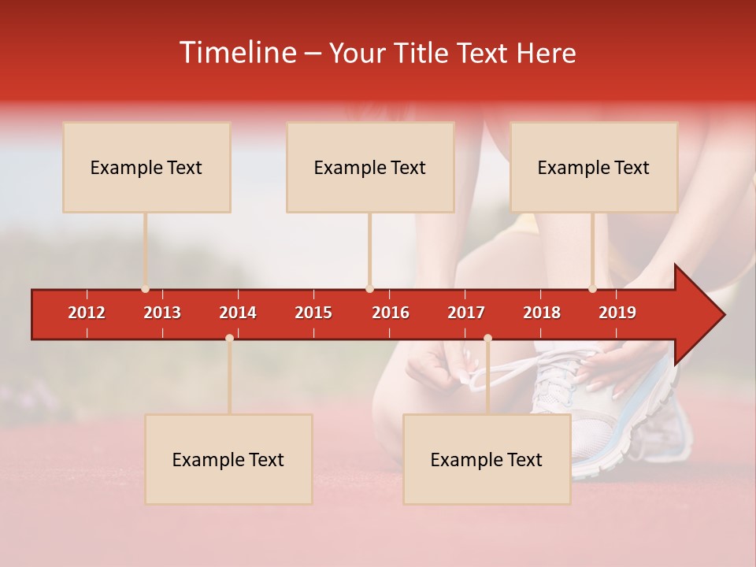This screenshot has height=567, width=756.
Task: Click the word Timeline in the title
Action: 239,53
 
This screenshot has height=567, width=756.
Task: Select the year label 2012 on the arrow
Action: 87,313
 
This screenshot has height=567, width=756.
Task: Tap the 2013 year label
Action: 162,313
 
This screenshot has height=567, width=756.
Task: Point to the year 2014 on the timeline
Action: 238,313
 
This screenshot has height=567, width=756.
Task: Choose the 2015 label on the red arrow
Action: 313,313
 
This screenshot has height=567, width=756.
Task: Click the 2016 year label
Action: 391,313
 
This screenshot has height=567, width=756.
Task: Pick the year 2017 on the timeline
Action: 466,313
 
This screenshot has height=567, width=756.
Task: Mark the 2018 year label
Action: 542,313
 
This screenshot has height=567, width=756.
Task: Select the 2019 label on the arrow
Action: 617,313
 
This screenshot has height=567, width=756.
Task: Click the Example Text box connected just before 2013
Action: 146,168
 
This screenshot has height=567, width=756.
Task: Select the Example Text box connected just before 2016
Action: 370,168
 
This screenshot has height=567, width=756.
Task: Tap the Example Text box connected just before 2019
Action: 594,168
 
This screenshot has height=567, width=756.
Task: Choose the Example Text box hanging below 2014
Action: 228,460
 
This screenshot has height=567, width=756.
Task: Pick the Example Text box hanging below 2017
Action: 487,460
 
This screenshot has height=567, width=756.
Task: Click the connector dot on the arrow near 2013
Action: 145,289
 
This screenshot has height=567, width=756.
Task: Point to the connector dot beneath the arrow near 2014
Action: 229,339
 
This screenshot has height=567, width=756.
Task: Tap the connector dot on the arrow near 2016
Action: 369,289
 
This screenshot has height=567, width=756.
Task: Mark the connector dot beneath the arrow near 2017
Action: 487,339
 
